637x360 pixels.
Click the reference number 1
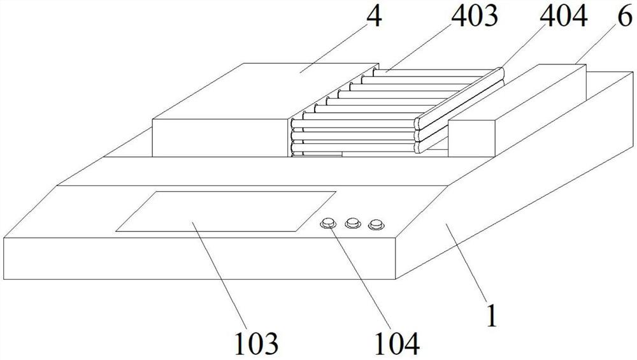[x=490, y=316]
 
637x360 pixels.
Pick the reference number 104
[x=396, y=343]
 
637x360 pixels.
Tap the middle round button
[x=352, y=223]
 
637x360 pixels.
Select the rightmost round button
[x=377, y=224]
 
